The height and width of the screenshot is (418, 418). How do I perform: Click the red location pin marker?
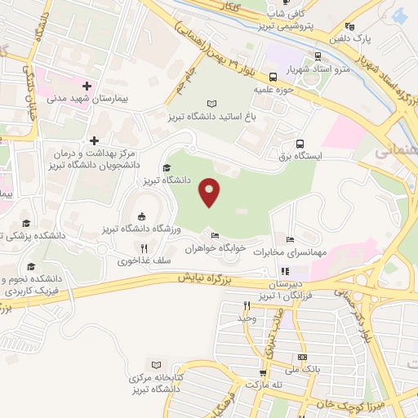coord(211,192)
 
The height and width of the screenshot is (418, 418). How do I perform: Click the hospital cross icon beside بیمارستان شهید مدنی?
coord(87,86)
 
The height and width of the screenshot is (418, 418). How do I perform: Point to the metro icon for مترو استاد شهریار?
coord(318,56)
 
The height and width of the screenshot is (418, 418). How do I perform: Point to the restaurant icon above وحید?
coord(246,305)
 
